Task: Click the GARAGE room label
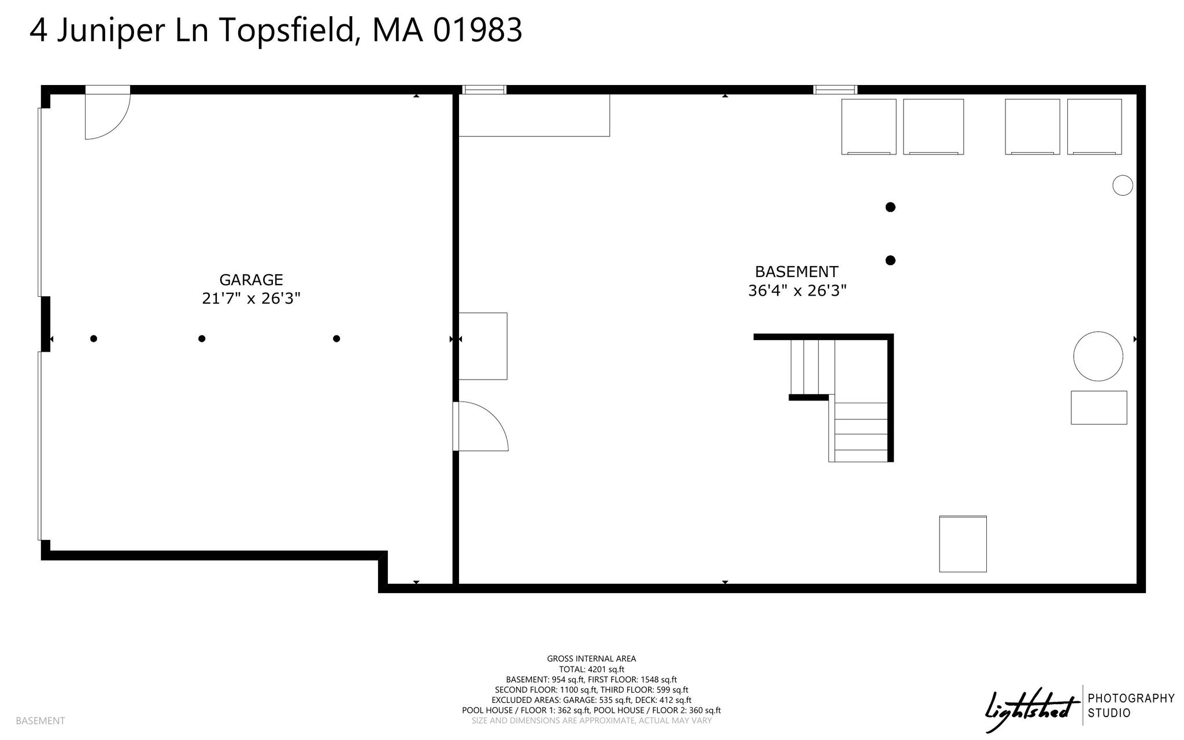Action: (251, 280)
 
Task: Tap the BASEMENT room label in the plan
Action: (797, 272)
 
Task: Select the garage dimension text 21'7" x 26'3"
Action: (251, 299)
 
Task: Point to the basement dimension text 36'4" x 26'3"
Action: (797, 290)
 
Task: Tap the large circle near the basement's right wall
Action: (1098, 356)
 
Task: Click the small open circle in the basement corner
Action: (1123, 185)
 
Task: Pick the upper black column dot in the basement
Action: (890, 207)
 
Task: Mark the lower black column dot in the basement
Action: (890, 260)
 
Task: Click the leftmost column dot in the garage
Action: (94, 338)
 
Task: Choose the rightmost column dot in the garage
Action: (336, 338)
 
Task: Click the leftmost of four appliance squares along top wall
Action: (868, 127)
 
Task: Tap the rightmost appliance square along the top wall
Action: (1094, 127)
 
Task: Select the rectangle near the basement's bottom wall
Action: (963, 544)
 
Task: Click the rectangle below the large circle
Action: (1098, 408)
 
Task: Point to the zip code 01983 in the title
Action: (478, 31)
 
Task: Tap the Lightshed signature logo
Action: (1032, 709)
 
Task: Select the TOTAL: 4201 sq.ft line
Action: (591, 669)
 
